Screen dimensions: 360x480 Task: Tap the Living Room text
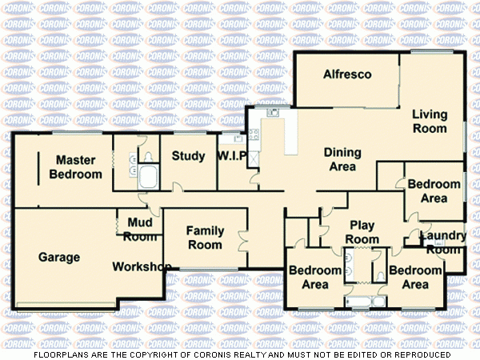click(429, 121)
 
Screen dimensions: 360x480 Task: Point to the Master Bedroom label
click(76, 167)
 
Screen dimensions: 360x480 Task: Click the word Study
click(189, 156)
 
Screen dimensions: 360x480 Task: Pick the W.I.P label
click(233, 156)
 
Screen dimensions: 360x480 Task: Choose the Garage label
click(59, 258)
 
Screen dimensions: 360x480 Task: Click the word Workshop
click(142, 266)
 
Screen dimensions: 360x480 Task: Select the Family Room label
click(205, 238)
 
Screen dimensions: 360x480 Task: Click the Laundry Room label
click(443, 242)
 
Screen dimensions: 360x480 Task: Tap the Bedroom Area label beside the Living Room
click(434, 191)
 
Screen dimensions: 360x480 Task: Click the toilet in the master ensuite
click(147, 155)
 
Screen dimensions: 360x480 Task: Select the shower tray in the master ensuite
click(148, 177)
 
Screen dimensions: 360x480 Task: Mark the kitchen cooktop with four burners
click(253, 136)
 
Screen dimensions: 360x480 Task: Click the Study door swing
click(178, 188)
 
